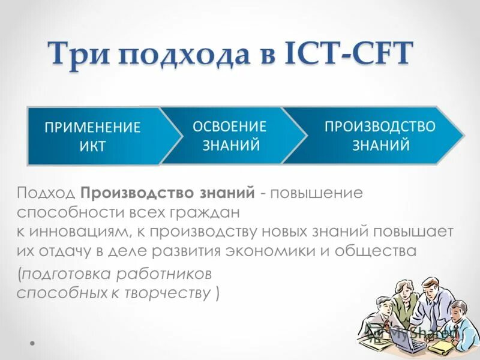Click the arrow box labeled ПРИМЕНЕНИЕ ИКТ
click(93, 136)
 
